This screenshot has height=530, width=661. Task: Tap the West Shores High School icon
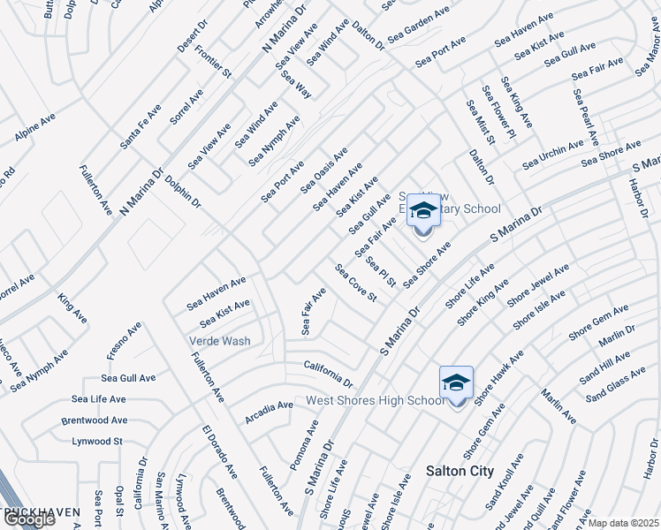456,384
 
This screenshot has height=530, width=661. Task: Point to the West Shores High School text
375,401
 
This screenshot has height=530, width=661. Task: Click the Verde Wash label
218,341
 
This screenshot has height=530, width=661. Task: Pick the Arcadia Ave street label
269,411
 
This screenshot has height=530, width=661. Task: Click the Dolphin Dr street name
183,191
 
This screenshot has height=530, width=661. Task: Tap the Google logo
28,519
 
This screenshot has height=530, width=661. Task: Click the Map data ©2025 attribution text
623,523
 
